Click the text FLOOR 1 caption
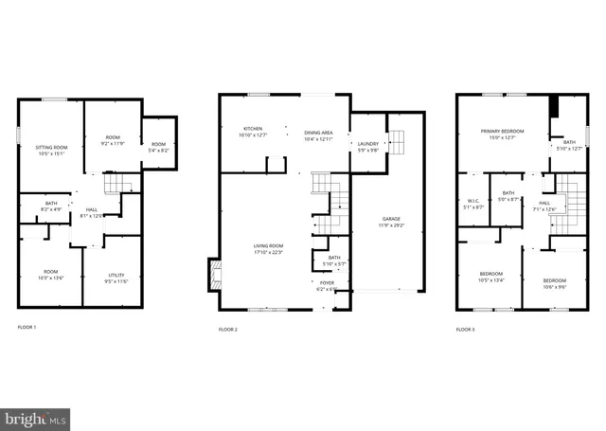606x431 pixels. pyautogui.click(x=27, y=328)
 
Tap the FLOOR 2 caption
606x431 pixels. pyautogui.click(x=228, y=329)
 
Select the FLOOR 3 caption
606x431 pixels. pyautogui.click(x=465, y=329)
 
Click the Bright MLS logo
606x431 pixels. pyautogui.click(x=36, y=417)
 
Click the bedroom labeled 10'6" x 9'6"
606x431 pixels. pyautogui.click(x=556, y=283)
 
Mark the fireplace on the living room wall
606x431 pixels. pyautogui.click(x=214, y=276)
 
